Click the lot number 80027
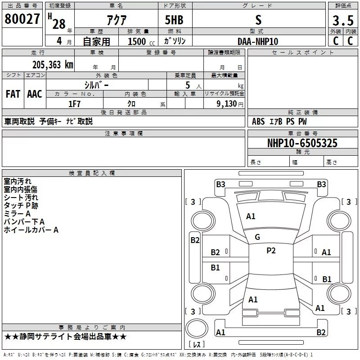click(x=22, y=19)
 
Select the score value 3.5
click(x=343, y=21)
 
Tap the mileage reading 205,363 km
click(x=53, y=65)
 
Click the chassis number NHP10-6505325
click(x=302, y=143)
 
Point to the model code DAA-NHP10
click(x=258, y=41)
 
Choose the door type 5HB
click(x=174, y=20)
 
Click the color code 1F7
click(x=74, y=104)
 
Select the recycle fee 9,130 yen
click(x=230, y=104)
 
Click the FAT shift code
click(x=13, y=94)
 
